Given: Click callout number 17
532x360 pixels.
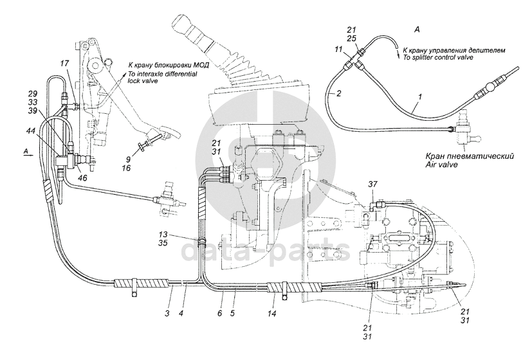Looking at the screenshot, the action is tap(64, 63).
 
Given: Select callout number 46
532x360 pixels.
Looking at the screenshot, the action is tap(82, 177).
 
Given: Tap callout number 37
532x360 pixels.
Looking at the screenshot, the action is tap(373, 184).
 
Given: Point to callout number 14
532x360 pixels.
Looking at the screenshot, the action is tap(271, 314).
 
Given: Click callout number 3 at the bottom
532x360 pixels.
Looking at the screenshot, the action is tap(167, 314).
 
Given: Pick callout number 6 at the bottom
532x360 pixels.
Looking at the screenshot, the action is tap(219, 314).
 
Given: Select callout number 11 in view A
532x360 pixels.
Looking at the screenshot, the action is tap(338, 50).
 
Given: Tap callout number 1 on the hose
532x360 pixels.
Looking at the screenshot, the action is tap(419, 97).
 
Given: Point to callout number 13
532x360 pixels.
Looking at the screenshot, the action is tap(163, 234).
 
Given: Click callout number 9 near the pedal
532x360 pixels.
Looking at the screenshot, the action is tap(127, 158).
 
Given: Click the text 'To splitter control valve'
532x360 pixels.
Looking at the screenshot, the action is tap(437, 58).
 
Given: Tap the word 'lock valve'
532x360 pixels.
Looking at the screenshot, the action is tap(143, 82).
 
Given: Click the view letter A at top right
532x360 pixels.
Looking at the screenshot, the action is tap(417, 30).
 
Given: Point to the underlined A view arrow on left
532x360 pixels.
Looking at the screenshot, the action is tap(28, 153).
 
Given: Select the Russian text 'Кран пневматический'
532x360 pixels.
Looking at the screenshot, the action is tap(470, 156).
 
